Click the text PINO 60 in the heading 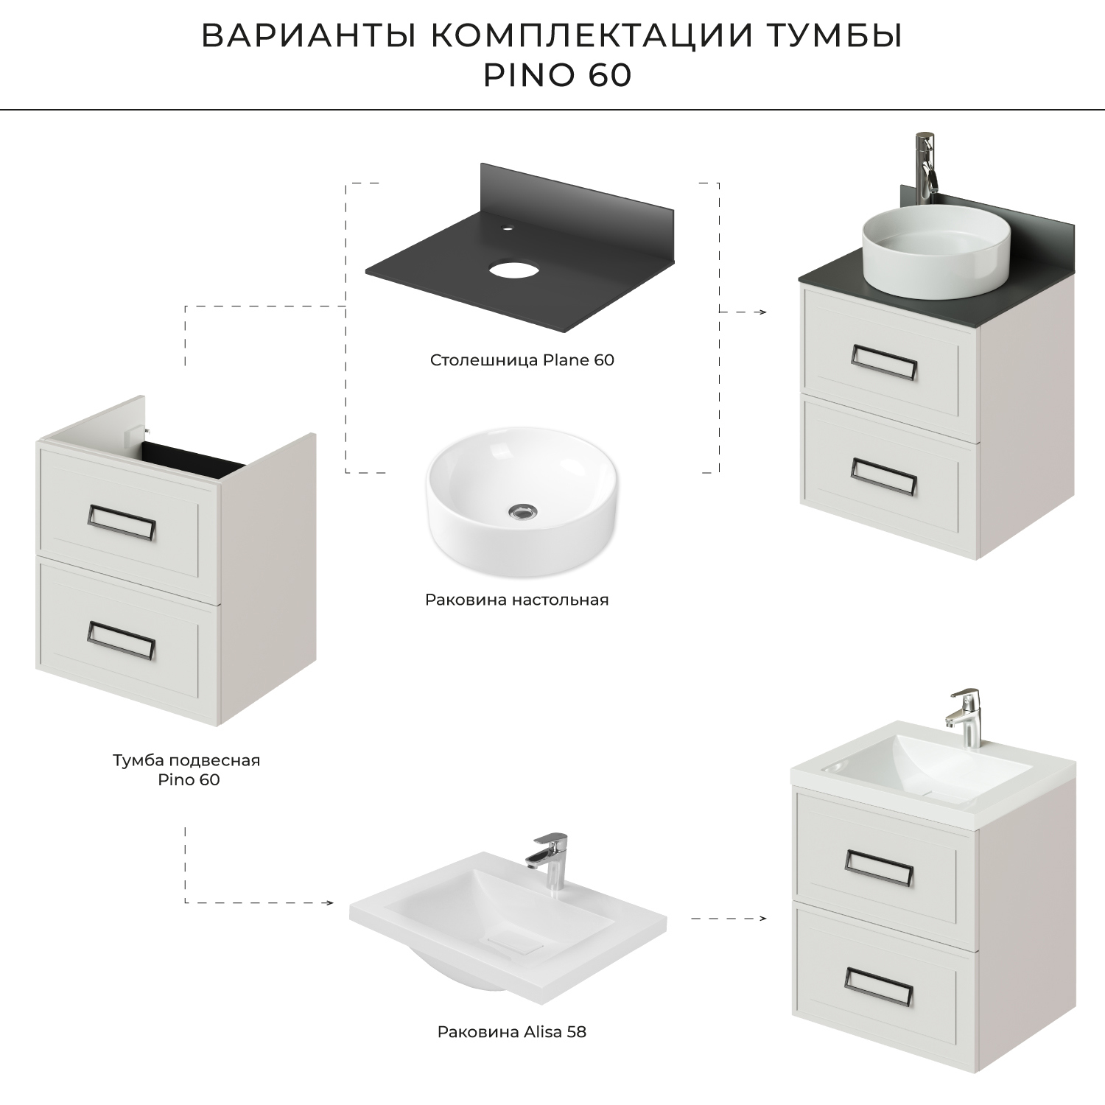tap(558, 76)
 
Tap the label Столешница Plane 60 tap(522, 360)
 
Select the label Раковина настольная tap(516, 600)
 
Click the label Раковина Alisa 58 tap(512, 1032)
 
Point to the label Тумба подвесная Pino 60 tap(187, 769)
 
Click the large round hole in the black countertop tap(514, 270)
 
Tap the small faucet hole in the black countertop tap(507, 228)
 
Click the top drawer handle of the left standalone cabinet tap(121, 524)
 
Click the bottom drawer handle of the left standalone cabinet tap(121, 639)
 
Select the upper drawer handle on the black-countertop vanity tap(885, 362)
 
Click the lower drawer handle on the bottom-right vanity tap(879, 987)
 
